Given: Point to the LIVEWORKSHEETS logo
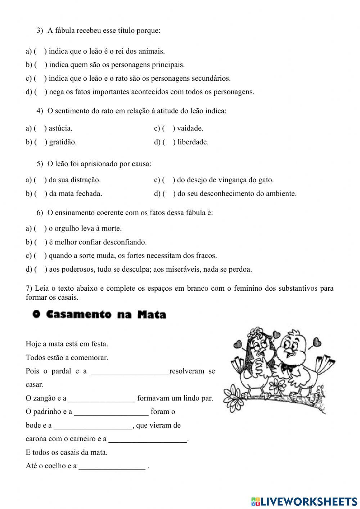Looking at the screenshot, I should point(304,501).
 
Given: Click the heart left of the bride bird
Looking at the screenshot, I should point(238,344).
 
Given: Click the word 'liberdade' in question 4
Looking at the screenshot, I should point(193,142).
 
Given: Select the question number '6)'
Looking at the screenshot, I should point(40,213).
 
